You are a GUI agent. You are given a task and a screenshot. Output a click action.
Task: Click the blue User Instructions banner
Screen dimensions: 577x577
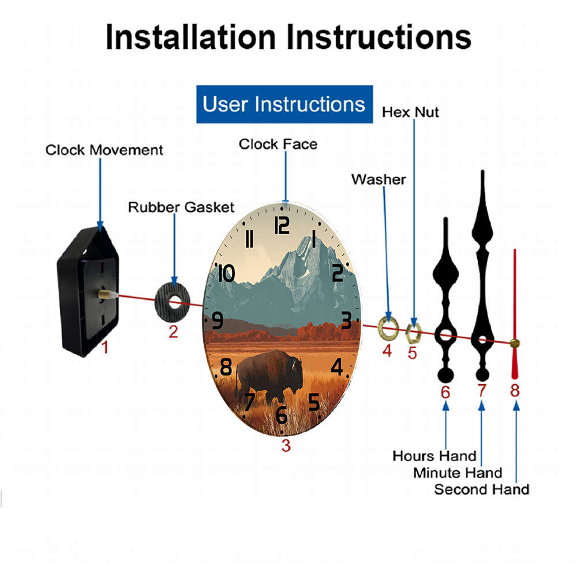(x=284, y=104)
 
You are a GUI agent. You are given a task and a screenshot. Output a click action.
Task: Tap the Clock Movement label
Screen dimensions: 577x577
(x=104, y=150)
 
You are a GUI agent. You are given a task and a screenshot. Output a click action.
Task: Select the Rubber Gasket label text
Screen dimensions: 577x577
(x=181, y=207)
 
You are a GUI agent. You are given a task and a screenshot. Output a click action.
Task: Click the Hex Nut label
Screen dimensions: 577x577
(x=410, y=113)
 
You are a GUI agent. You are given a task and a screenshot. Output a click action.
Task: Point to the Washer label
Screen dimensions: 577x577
(x=379, y=179)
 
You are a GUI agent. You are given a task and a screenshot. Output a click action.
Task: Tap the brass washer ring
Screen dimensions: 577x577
(x=388, y=328)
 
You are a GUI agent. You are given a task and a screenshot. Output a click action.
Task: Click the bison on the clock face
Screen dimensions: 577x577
(x=269, y=376)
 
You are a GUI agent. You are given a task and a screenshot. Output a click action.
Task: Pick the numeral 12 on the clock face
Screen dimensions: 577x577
(x=282, y=226)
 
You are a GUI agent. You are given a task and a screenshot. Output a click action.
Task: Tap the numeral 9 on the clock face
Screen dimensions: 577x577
(x=218, y=320)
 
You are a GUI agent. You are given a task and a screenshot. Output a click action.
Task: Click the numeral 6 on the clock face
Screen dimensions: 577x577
(x=281, y=415)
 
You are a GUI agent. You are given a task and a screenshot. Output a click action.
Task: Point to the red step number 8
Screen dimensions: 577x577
(x=515, y=391)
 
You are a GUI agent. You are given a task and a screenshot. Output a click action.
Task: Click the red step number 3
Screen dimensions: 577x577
(x=286, y=445)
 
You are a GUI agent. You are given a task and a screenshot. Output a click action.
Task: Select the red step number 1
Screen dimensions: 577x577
(x=105, y=347)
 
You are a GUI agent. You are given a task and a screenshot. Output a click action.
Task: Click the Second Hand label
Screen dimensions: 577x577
(x=482, y=489)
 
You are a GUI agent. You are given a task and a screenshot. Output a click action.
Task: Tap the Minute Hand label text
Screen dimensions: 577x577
(x=458, y=473)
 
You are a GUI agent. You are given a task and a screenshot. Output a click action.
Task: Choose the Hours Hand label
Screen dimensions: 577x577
(x=434, y=456)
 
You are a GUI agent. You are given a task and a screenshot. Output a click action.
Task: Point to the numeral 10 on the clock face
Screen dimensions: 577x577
(x=226, y=273)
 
